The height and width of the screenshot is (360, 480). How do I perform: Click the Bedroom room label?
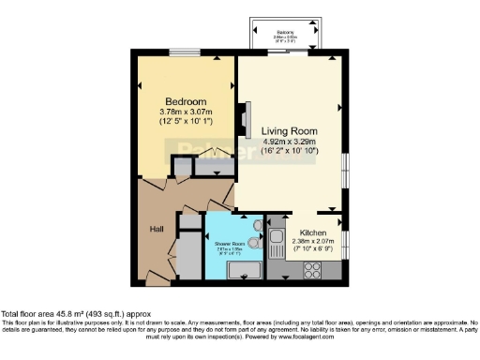coord(186,101)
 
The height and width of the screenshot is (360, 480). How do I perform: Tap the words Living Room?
coord(289,130)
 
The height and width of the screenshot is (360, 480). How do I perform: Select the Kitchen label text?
coord(312,232)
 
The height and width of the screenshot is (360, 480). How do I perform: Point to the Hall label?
coord(157,228)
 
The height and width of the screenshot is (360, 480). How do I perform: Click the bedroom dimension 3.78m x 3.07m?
coord(186,112)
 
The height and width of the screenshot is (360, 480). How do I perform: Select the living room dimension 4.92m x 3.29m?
coord(289,142)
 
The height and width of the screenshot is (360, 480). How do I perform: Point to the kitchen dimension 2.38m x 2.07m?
coord(312,241)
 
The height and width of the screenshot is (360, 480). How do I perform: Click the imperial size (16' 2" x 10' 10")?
coord(289,154)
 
